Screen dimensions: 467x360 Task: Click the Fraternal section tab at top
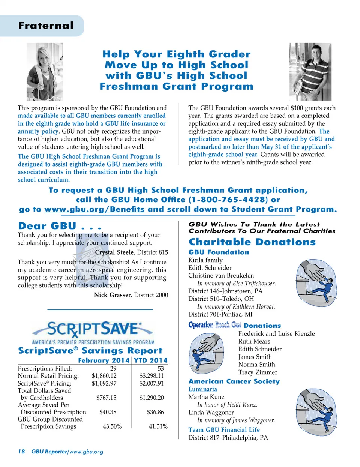coord(46,26)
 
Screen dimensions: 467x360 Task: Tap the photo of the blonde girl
coord(45,71)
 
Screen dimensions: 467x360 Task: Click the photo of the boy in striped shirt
coord(310,71)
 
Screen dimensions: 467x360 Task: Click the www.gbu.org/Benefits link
coord(94,209)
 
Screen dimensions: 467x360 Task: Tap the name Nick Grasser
coord(112,295)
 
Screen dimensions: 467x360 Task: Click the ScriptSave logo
coord(93,330)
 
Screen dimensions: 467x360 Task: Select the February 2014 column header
coord(103,360)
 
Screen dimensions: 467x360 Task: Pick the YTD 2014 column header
coord(150,360)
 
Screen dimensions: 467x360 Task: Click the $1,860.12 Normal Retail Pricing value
coord(104,376)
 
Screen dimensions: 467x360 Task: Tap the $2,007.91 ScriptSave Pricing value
coord(151,383)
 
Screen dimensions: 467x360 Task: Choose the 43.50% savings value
coord(112,426)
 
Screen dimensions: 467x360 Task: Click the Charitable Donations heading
coord(252,242)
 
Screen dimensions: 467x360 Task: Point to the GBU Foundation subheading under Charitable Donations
coord(219,252)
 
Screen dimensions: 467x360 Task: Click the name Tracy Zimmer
coord(258,372)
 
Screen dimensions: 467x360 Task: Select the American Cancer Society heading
coord(234,381)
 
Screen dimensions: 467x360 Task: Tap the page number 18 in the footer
coord(21,452)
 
